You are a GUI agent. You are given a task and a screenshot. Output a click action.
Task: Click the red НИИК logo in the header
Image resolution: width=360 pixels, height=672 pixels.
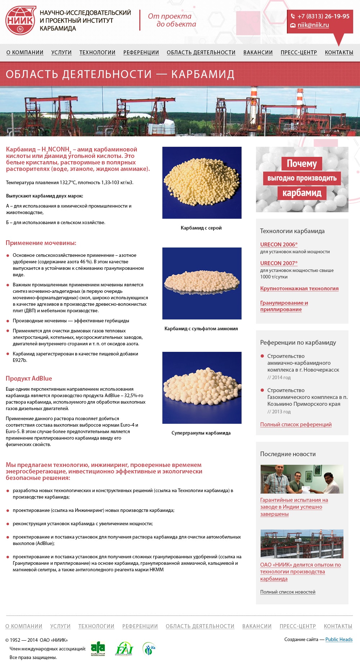click(21, 21)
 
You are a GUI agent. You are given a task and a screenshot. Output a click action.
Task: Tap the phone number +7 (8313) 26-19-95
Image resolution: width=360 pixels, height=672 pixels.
click(323, 16)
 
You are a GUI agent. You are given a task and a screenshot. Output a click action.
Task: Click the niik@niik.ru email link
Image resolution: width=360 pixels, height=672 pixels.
click(313, 25)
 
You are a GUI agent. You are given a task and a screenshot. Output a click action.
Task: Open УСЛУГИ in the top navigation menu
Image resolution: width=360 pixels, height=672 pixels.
click(61, 53)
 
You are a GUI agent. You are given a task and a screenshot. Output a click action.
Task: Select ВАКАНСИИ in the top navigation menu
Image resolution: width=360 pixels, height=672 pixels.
click(258, 53)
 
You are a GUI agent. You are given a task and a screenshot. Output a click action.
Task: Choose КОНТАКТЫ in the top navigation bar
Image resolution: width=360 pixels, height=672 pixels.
click(339, 53)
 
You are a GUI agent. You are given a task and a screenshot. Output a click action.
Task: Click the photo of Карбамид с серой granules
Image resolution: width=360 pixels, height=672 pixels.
click(202, 182)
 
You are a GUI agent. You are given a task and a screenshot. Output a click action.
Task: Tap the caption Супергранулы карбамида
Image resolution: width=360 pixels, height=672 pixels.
click(201, 433)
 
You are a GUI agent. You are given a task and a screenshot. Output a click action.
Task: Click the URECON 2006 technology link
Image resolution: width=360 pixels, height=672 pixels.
click(278, 245)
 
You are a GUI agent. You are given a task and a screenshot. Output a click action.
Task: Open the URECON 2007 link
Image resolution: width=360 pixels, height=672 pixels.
click(278, 263)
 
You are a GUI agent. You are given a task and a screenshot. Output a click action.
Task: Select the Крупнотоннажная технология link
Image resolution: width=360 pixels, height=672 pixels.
click(299, 289)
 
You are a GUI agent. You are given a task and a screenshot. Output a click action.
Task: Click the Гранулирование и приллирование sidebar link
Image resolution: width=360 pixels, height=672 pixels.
click(284, 306)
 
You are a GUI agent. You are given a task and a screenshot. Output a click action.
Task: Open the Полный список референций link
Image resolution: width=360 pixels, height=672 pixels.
click(296, 424)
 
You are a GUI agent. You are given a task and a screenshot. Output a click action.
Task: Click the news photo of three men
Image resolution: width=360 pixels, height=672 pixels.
click(302, 479)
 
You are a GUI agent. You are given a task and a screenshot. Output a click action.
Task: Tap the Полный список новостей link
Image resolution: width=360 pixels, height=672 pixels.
click(288, 592)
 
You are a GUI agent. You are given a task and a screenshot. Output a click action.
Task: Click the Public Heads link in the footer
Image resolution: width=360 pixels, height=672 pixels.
click(339, 639)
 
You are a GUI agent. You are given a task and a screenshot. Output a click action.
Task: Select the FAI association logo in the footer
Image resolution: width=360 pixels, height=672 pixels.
click(124, 649)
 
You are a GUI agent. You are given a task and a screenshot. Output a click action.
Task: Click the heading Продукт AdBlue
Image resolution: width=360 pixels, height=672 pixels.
click(29, 378)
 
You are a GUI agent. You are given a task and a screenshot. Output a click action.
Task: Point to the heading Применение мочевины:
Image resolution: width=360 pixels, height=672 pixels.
click(41, 243)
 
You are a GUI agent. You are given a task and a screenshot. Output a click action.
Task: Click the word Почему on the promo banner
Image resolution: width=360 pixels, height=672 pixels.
click(302, 164)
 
